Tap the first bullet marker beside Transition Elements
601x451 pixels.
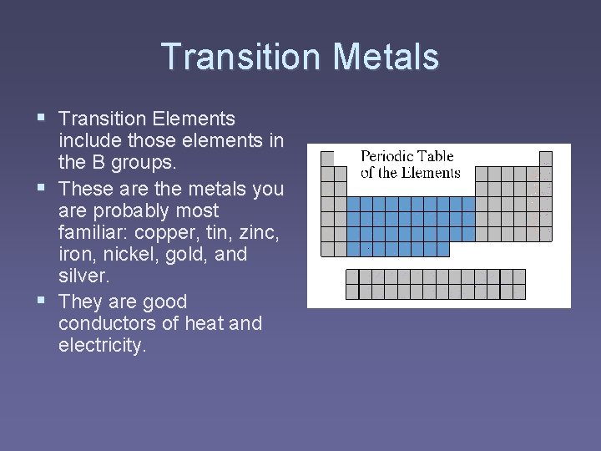click(43, 119)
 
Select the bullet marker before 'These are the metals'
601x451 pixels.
click(43, 188)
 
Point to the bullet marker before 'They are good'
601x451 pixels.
click(43, 301)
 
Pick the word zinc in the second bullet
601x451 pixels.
click(258, 232)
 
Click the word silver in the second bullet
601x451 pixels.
click(83, 277)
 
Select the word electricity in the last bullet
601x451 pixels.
click(102, 346)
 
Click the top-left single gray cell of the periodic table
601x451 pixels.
click(328, 158)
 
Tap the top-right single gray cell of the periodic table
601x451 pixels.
click(545, 158)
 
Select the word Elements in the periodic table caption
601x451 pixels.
click(432, 173)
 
